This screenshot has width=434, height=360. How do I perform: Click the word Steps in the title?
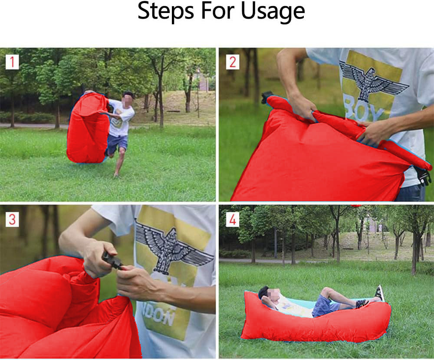[x=165, y=12]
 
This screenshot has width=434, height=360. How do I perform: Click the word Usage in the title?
[x=273, y=12]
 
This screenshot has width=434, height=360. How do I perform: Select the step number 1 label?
[x=12, y=62]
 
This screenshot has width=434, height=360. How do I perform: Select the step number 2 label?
[x=233, y=62]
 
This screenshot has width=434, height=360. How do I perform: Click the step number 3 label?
[x=12, y=219]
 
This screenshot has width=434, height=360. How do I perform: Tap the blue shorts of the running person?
[x=117, y=144]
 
